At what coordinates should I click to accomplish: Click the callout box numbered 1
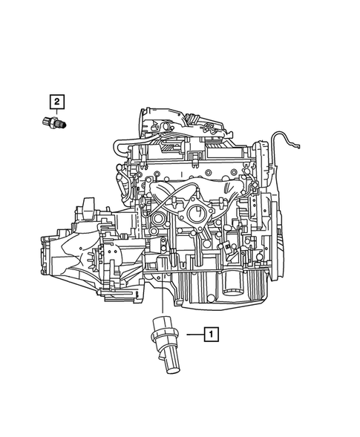pos(212,335)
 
